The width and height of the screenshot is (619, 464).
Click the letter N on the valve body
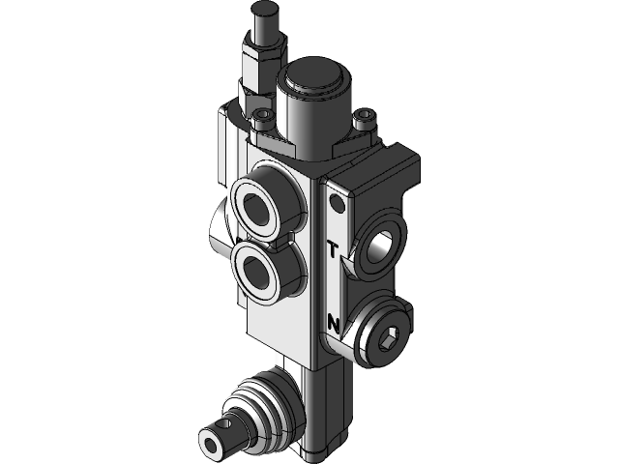pyautogui.click(x=333, y=322)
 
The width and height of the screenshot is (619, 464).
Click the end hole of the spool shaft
pyautogui.click(x=213, y=446)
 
